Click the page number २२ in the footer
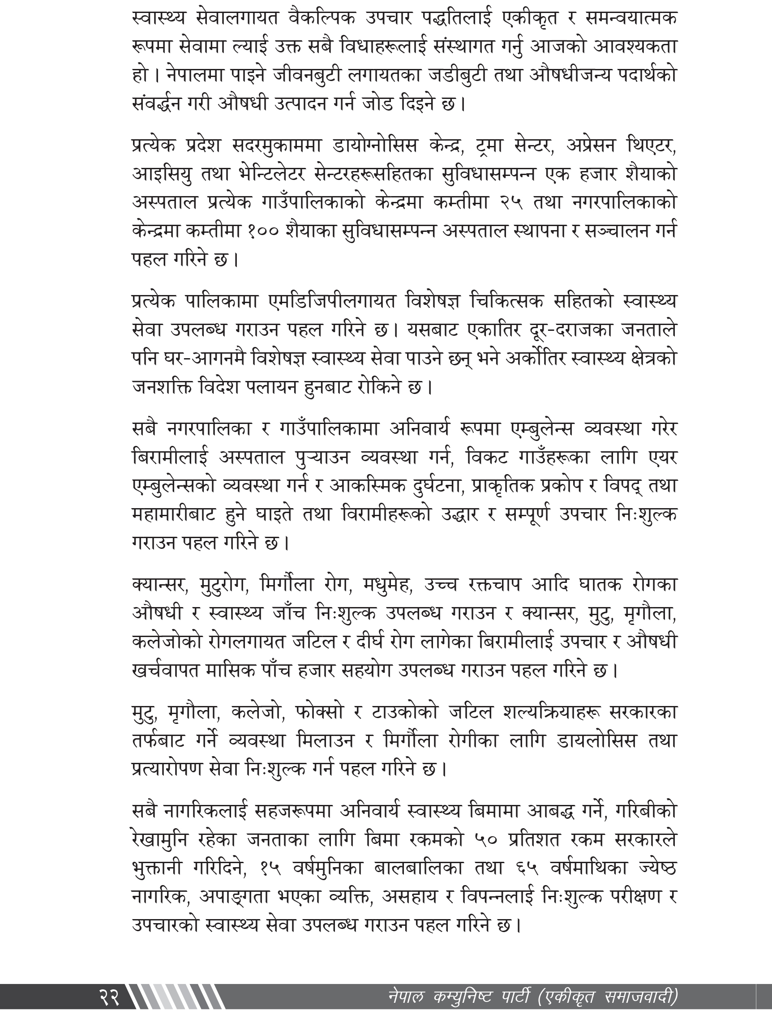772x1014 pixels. point(109,997)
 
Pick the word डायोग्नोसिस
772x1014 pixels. point(374,146)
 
